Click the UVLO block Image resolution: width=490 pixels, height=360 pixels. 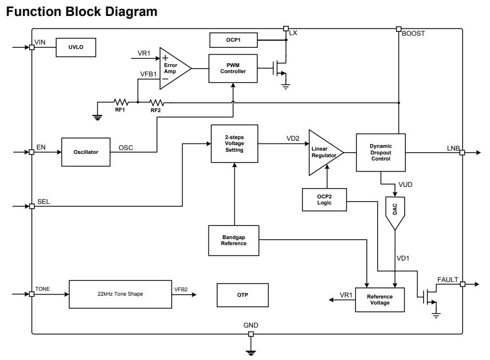[x=76, y=47]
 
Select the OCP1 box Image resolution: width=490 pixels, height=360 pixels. [x=233, y=40]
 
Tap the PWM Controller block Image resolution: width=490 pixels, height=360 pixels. [x=233, y=69]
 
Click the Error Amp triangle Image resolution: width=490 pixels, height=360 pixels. [x=173, y=69]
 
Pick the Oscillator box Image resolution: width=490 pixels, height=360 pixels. [x=86, y=152]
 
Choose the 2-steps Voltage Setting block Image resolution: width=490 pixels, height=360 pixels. [x=234, y=143]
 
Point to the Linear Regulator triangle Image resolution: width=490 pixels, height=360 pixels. [x=323, y=152]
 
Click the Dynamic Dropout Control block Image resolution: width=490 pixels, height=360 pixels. [x=381, y=152]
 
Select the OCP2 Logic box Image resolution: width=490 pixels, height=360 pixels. [x=324, y=200]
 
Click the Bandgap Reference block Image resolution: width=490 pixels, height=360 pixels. [x=234, y=240]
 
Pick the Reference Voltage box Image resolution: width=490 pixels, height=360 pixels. [x=379, y=300]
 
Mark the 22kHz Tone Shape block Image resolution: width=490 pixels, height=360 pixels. [x=120, y=294]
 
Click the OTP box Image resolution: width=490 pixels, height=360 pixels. [x=243, y=295]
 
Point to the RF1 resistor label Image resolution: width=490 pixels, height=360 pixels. [x=120, y=110]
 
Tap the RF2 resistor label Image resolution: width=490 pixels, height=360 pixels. [x=156, y=110]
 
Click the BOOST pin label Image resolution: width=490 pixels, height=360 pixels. [x=413, y=34]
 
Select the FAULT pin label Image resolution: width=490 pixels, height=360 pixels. [x=448, y=280]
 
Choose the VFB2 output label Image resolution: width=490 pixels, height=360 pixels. [x=181, y=289]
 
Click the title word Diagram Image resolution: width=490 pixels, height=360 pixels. [x=130, y=12]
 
